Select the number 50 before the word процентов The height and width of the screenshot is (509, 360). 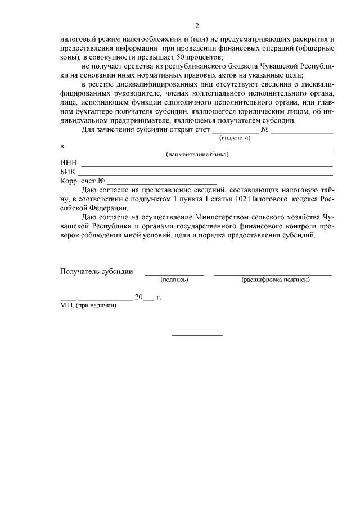pos(179,58)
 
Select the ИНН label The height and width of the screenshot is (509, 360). pos(69,163)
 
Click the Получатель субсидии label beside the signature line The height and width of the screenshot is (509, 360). pos(96,271)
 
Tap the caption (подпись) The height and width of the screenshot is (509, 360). pos(174,280)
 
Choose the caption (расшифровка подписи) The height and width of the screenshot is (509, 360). pos(276,280)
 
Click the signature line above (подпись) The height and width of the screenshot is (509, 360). pos(174,274)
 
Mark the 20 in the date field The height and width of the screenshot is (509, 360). pos(139,298)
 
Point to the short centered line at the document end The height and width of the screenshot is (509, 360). pos(197,336)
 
